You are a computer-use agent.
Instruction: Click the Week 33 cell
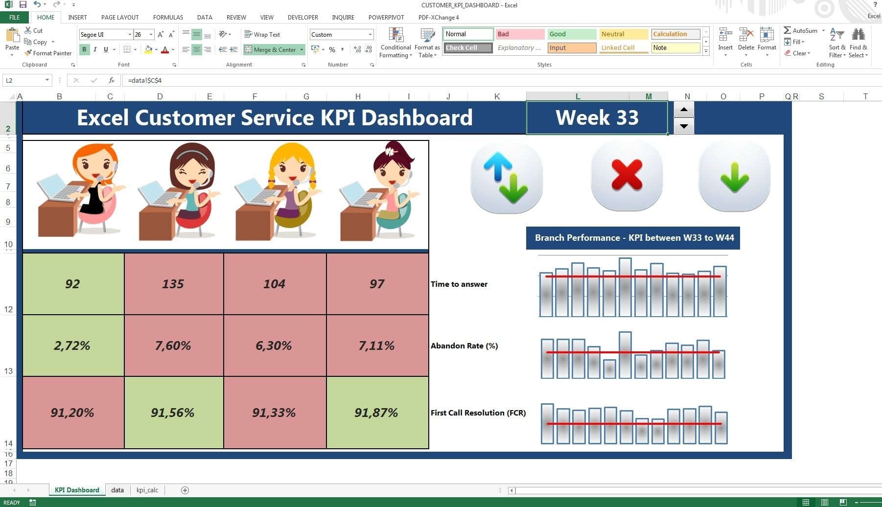click(597, 117)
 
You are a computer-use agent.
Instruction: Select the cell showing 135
click(173, 284)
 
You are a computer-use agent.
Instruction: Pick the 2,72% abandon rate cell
click(72, 346)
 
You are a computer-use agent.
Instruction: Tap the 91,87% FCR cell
click(376, 413)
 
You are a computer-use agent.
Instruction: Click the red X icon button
click(627, 175)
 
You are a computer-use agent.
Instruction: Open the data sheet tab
click(117, 490)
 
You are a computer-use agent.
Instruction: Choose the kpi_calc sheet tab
click(147, 490)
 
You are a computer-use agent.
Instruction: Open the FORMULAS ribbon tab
click(168, 17)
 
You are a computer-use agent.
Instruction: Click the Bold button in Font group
click(84, 49)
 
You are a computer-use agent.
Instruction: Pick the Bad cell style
click(520, 34)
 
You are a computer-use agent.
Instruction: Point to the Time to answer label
click(459, 284)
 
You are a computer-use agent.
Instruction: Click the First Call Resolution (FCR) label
click(478, 413)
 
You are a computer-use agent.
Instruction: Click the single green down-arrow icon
click(734, 176)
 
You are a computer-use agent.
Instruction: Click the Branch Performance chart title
click(633, 238)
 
